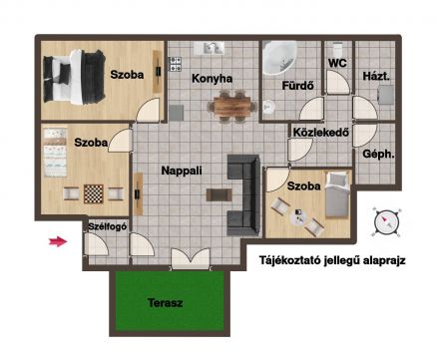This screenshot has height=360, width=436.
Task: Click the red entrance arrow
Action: [x=58, y=242]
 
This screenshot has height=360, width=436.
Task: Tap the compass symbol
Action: [x=386, y=221]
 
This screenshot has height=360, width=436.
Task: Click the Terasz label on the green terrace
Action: [x=166, y=303]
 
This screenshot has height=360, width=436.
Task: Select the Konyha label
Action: [x=213, y=79]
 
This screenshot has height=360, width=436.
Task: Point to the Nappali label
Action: [x=182, y=171]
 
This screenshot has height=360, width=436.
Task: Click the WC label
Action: [x=337, y=63]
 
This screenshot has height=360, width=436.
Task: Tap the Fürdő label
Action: [x=297, y=86]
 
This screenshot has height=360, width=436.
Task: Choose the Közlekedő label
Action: [x=321, y=133]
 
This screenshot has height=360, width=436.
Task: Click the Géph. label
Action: [x=378, y=155]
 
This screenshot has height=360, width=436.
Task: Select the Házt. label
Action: [x=376, y=76]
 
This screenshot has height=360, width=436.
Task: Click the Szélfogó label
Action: [x=108, y=226]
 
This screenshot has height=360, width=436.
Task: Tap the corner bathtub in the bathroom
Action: [x=279, y=57]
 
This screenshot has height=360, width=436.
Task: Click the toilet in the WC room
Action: [x=338, y=49]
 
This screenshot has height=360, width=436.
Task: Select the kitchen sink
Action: [x=209, y=48]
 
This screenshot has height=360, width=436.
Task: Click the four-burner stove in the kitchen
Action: [x=176, y=64]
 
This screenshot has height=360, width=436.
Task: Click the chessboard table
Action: [x=94, y=194]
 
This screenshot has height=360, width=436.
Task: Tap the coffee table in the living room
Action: [x=219, y=194]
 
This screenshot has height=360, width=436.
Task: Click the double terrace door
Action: [x=191, y=259]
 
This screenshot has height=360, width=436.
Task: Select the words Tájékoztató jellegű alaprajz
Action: [x=332, y=260]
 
